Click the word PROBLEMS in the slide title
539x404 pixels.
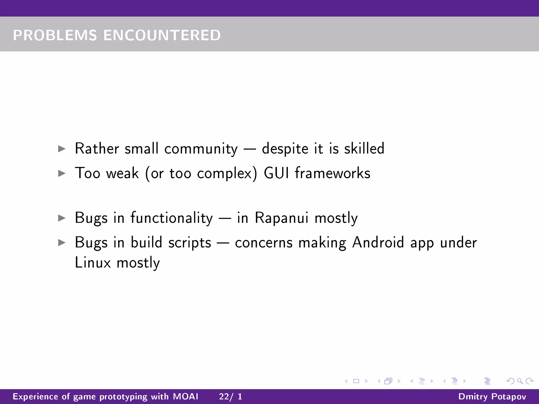[x=55, y=35]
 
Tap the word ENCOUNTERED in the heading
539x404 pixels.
[x=162, y=35]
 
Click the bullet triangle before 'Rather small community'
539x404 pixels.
[x=62, y=149]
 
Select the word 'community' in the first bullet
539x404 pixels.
[x=201, y=149]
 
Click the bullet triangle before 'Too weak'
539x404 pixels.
[x=62, y=173]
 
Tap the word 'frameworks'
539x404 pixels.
[x=332, y=173]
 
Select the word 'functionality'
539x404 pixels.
[x=171, y=218]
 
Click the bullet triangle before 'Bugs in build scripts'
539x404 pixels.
[x=62, y=243]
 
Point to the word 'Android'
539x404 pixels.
[x=378, y=243]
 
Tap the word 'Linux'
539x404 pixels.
[x=93, y=263]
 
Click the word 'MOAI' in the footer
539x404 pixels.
[x=186, y=396]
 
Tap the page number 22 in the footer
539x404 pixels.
[x=224, y=396]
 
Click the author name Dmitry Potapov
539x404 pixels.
[x=492, y=396]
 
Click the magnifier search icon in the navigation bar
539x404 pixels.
[x=520, y=381]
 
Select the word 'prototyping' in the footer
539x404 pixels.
[x=123, y=397]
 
